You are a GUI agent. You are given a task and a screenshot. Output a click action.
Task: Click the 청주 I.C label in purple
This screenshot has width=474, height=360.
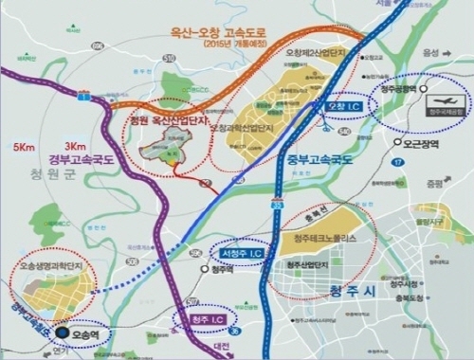pyautogui.click(x=207, y=318)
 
